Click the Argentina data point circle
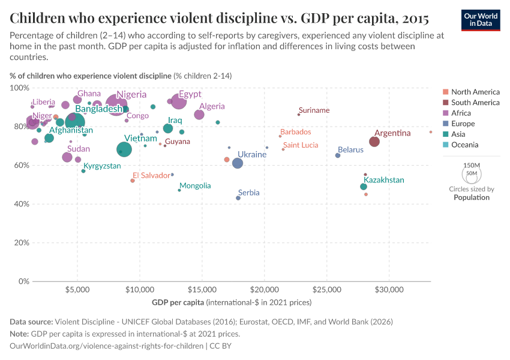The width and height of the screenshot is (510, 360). [374, 142]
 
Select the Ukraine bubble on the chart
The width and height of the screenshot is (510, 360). [238, 163]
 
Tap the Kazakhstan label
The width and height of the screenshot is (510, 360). [384, 180]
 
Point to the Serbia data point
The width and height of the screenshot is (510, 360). [238, 198]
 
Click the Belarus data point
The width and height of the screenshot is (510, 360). [338, 155]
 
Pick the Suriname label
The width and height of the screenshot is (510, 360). [314, 110]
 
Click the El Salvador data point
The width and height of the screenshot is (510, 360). [133, 181]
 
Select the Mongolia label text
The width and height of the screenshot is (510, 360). [195, 186]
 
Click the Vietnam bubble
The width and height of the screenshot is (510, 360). [124, 149]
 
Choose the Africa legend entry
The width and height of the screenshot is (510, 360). [461, 113]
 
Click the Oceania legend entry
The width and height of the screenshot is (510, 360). [464, 145]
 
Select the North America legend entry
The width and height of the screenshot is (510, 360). [475, 92]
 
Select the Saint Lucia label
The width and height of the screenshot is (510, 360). [301, 145]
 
